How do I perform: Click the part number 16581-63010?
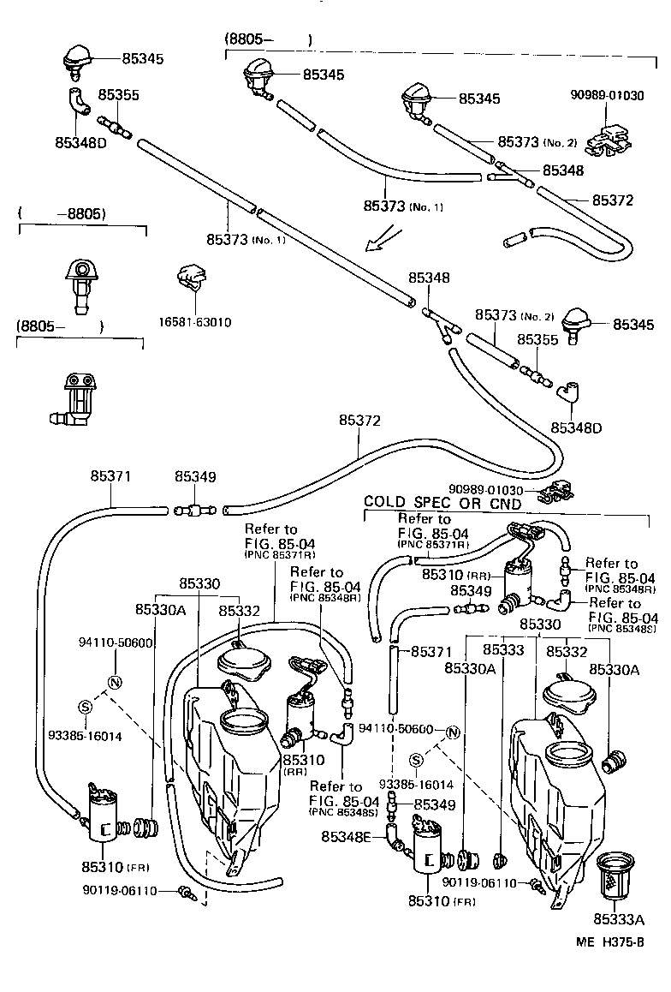[x=194, y=322]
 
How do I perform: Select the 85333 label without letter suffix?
[x=503, y=650]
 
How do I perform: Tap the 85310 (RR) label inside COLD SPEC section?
[x=455, y=574]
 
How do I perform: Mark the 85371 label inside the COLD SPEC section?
[x=430, y=651]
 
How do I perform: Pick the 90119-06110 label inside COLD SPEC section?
[x=480, y=881]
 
